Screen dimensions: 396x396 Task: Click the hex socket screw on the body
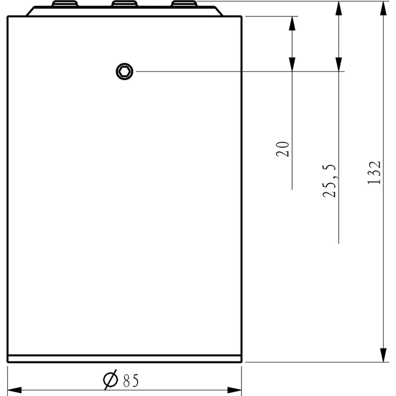pyautogui.click(x=124, y=72)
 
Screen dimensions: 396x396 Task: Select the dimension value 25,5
pyautogui.click(x=329, y=181)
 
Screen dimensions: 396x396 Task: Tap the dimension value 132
pyautogui.click(x=374, y=172)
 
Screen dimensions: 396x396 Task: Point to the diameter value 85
pyautogui.click(x=131, y=381)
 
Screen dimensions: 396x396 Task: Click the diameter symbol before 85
pyautogui.click(x=110, y=380)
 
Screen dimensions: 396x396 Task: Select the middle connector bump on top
pyautogui.click(x=124, y=4)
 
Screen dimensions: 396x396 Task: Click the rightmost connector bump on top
pyautogui.click(x=184, y=4)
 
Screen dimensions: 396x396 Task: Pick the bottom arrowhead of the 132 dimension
pyautogui.click(x=383, y=355)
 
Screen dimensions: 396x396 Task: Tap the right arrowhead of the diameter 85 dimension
pyautogui.click(x=235, y=390)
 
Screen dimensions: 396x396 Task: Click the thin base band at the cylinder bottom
pyautogui.click(x=124, y=359)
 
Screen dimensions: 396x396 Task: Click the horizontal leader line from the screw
pyautogui.click(x=238, y=72)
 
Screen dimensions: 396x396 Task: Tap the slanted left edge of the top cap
pyautogui.click(x=30, y=11)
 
